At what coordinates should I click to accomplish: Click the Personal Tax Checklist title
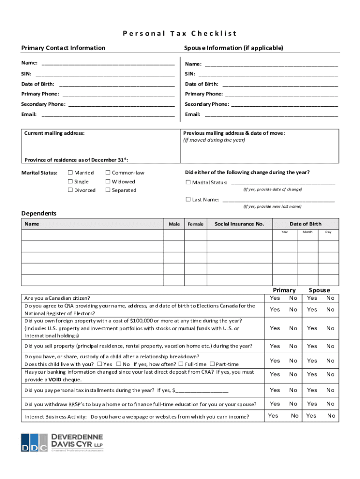click(x=180, y=33)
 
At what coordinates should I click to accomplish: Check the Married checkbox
click(x=71, y=173)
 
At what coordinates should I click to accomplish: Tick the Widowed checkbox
click(x=108, y=181)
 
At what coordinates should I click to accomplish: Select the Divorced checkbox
click(x=71, y=190)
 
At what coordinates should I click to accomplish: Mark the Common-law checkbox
click(x=108, y=173)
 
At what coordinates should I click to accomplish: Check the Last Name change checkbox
click(x=188, y=199)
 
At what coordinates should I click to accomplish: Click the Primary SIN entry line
click(x=105, y=74)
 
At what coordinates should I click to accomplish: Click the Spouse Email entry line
click(x=271, y=115)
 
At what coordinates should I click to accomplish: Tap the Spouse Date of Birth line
click(x=280, y=84)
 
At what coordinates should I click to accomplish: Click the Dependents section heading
click(x=39, y=213)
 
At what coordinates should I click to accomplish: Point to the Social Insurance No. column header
click(x=239, y=224)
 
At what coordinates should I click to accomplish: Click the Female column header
click(x=195, y=224)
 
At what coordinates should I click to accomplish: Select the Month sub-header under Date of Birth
click(x=307, y=232)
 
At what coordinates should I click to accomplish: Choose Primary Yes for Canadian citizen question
click(x=275, y=298)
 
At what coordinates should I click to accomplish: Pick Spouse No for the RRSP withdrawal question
click(x=331, y=404)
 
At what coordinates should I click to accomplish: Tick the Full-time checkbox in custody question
click(x=181, y=364)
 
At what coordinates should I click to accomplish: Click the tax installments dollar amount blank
click(x=202, y=390)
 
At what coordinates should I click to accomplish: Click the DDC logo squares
click(x=34, y=443)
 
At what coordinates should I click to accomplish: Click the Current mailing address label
click(x=54, y=133)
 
